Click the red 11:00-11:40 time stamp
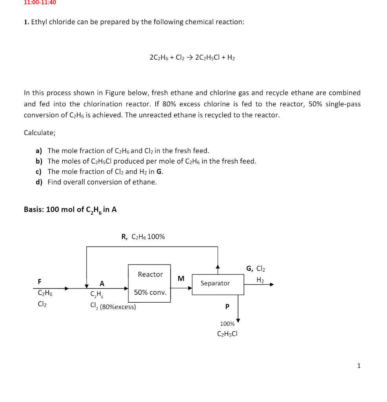[40, 2]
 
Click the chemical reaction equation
[192, 57]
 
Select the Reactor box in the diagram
[149, 283]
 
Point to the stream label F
[39, 281]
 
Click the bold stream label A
[102, 283]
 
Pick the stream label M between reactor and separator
[181, 279]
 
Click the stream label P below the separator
[227, 307]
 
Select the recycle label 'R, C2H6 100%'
[143, 237]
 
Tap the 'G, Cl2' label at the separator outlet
[256, 269]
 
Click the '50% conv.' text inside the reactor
[150, 292]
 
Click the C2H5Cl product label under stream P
[227, 334]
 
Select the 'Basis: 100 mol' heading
[70, 210]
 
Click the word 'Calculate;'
[40, 133]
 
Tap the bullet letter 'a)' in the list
[39, 151]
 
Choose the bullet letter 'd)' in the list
[39, 182]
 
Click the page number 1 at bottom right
[358, 366]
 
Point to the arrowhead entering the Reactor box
[126, 288]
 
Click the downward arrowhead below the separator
[238, 320]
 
